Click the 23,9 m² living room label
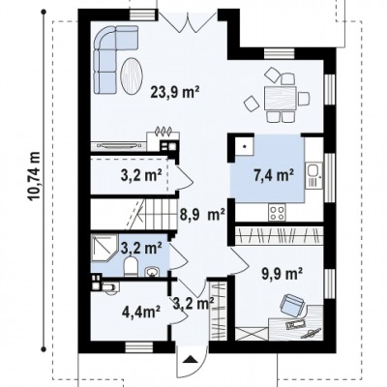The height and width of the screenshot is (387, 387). tap(174, 93)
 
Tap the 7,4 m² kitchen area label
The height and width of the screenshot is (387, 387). tap(274, 175)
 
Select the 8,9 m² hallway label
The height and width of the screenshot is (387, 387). tap(202, 215)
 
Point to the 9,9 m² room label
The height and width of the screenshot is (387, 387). tap(282, 274)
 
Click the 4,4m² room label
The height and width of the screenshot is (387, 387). tap(141, 312)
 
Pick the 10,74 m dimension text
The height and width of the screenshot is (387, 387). tap(35, 176)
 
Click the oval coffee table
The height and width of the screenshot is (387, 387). tap(131, 75)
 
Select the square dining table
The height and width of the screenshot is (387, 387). tap(280, 98)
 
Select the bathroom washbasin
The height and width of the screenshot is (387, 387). tap(151, 272)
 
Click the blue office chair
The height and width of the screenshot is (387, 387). tap(292, 305)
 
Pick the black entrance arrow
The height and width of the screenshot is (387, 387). tap(192, 359)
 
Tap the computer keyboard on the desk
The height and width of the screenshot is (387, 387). tap(294, 323)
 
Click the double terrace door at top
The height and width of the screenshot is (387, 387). tap(188, 20)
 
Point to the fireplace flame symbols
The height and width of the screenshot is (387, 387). tap(164, 131)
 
